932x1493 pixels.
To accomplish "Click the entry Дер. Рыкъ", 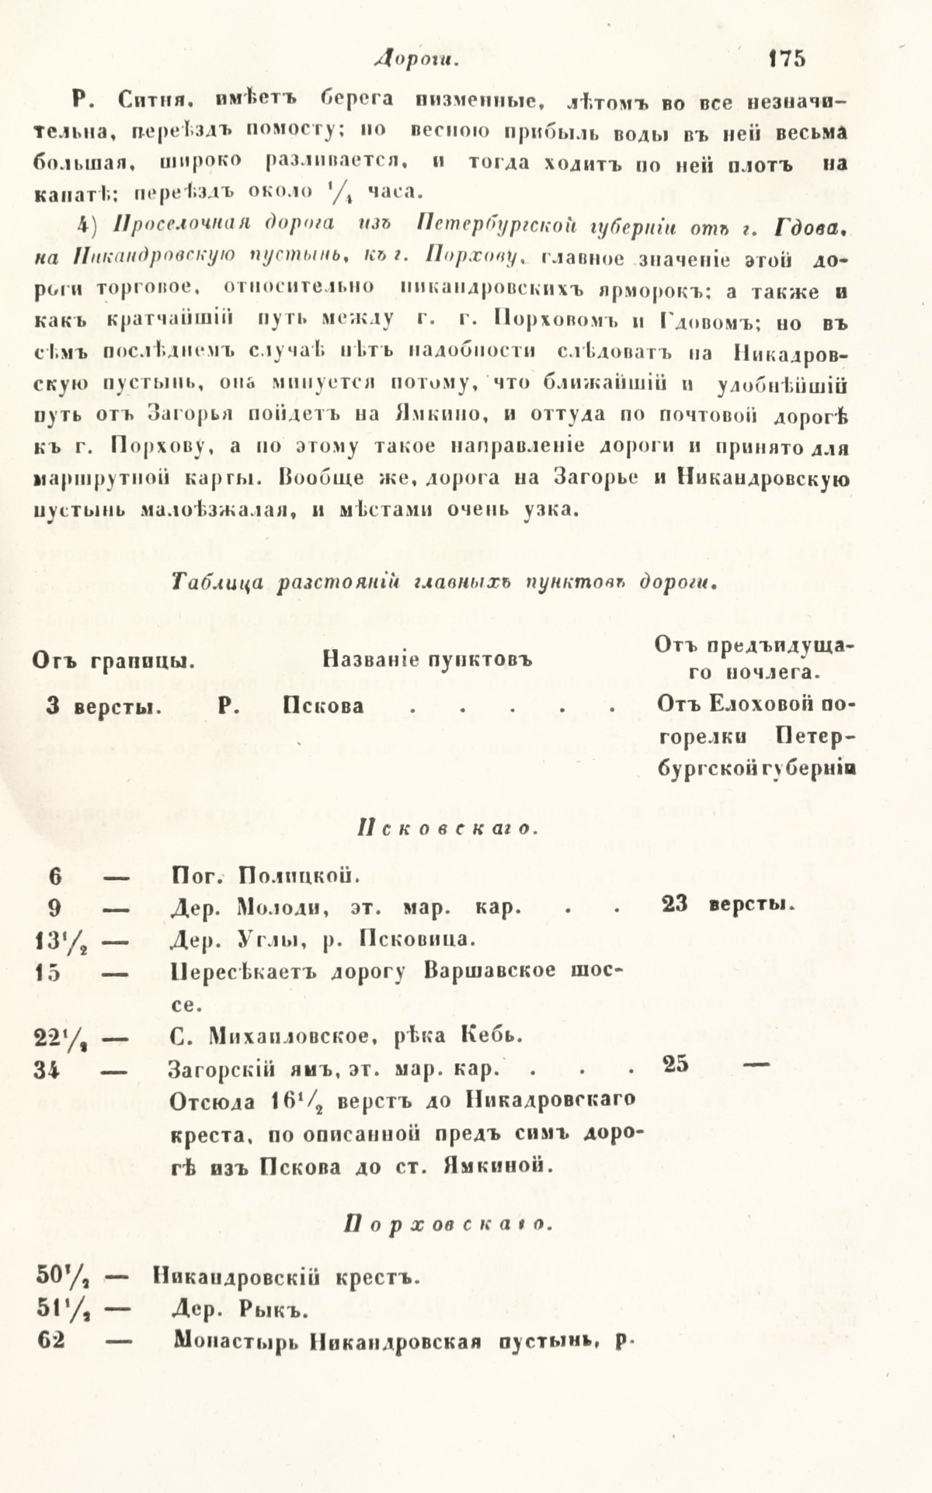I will tap(241, 1312).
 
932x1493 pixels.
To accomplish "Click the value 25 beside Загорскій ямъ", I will tap(676, 1064).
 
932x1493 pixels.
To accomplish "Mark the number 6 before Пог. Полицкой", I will tap(54, 877).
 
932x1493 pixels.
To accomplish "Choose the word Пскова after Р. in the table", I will tap(323, 707).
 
